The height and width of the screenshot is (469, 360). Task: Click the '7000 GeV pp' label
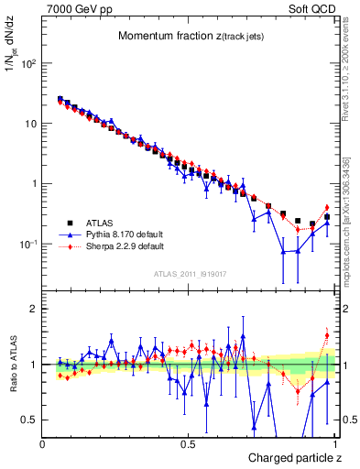tap(73, 8)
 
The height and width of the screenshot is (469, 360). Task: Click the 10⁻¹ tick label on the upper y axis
tap(27, 244)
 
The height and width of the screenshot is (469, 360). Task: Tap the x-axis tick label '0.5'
tap(188, 443)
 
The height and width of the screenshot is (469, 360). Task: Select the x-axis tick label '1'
tap(336, 443)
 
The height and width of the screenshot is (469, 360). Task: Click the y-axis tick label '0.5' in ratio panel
tap(30, 420)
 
